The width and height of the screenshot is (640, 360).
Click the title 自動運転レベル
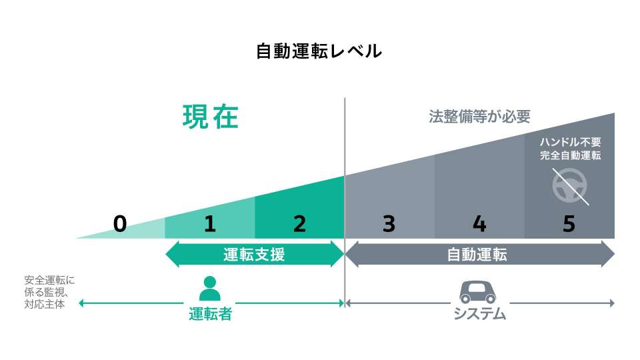(319, 51)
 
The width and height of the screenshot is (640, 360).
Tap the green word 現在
(211, 117)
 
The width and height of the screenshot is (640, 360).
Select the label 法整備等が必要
(479, 117)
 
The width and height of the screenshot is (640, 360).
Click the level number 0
(120, 224)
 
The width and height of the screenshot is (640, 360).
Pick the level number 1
(210, 224)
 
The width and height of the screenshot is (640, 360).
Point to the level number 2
(299, 224)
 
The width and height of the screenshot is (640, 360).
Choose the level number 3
(389, 224)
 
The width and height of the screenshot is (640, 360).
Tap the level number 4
(479, 224)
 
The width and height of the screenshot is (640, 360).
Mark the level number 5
(569, 224)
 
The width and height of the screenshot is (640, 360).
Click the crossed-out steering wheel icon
(570, 185)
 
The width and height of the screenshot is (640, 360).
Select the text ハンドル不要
(571, 142)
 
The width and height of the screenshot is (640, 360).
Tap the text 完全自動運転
(571, 156)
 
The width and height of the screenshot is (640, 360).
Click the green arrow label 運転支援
(254, 254)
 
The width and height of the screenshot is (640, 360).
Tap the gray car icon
(479, 291)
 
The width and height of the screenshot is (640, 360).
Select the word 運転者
(210, 314)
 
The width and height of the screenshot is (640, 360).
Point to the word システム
(480, 314)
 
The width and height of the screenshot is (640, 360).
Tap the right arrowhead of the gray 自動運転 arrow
(607, 254)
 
